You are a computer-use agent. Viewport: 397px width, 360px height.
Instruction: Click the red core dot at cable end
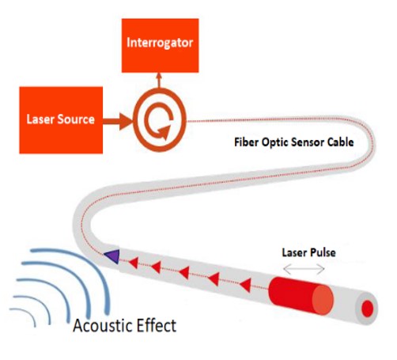(367, 307)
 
